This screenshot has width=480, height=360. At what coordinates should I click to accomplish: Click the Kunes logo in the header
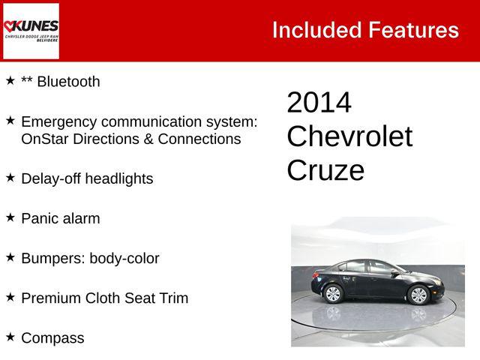pyautogui.click(x=31, y=31)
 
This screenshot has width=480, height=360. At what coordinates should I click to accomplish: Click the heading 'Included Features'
pyautogui.click(x=365, y=30)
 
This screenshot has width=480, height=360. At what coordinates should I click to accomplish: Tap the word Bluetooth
pyautogui.click(x=68, y=82)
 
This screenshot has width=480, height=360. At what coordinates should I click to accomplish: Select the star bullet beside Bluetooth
pyautogui.click(x=10, y=80)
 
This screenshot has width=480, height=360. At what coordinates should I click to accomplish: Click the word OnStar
pyautogui.click(x=46, y=139)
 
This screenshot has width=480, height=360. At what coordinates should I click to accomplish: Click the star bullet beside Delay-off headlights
pyautogui.click(x=10, y=177)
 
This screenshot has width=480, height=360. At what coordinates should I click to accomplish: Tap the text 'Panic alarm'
pyautogui.click(x=60, y=219)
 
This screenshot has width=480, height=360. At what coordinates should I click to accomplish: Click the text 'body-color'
pyautogui.click(x=124, y=259)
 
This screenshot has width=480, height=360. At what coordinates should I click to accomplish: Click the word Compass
pyautogui.click(x=52, y=338)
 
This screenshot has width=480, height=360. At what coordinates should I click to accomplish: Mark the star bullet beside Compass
pyautogui.click(x=10, y=337)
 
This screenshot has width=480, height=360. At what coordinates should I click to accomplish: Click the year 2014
pyautogui.click(x=319, y=103)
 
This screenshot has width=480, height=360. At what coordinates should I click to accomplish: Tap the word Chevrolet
pyautogui.click(x=349, y=136)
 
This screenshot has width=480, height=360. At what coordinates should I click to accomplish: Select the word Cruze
pyautogui.click(x=325, y=170)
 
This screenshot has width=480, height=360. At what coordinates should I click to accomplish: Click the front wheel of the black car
pyautogui.click(x=418, y=295)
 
